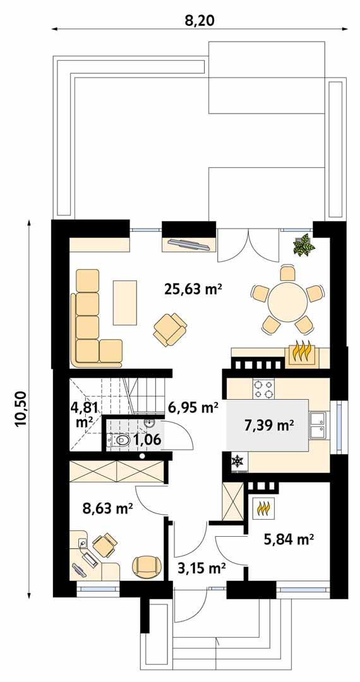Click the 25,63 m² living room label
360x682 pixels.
tap(193, 290)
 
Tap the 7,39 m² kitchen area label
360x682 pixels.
tap(269, 425)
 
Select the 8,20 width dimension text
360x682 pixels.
tap(200, 21)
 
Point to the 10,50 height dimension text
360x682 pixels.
tap(21, 409)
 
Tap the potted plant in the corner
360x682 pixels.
tap(304, 245)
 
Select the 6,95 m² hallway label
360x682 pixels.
tap(192, 407)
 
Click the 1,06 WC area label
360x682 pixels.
tap(149, 440)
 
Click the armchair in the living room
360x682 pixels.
tap(170, 329)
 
